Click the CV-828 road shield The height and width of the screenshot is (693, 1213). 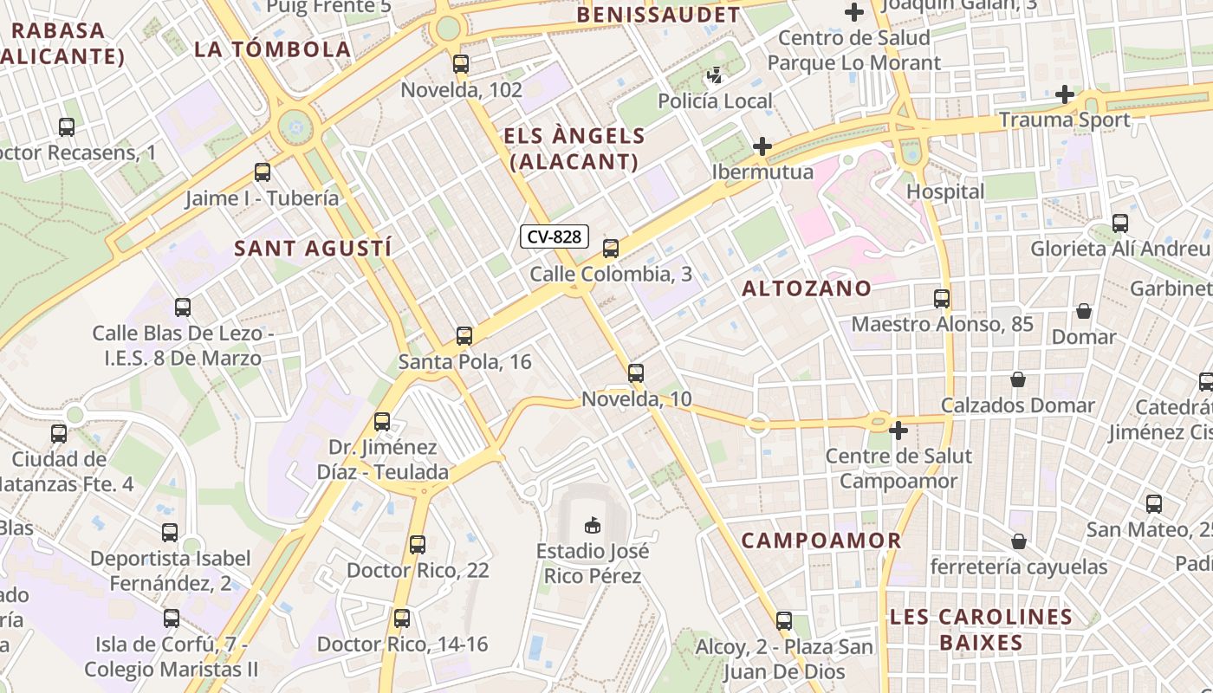click(555, 236)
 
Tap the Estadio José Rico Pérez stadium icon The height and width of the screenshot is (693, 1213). click(593, 525)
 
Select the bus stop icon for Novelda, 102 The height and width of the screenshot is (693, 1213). click(461, 63)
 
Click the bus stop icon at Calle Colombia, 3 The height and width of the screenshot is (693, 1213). click(611, 249)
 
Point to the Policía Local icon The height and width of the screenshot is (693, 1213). click(715, 75)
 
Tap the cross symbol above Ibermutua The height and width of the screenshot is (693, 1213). click(762, 146)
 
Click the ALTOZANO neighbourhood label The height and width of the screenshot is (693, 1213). click(807, 288)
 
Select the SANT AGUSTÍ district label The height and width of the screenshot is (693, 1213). click(313, 249)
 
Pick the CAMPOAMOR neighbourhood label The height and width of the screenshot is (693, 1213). click(821, 541)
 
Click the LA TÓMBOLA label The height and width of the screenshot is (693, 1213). click(273, 49)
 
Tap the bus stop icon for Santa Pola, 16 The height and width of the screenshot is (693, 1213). click(464, 336)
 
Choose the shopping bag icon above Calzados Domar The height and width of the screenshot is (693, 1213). click(1018, 379)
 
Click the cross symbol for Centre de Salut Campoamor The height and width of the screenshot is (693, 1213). click(898, 430)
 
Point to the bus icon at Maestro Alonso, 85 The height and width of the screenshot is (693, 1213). click(942, 299)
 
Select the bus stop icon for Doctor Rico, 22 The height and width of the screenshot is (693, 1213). click(418, 545)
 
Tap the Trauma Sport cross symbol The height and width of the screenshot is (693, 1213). click(1065, 94)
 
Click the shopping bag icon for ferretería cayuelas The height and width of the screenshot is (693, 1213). click(1019, 541)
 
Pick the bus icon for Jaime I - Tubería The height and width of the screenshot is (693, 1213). click(263, 172)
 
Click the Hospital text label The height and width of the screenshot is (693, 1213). click(945, 191)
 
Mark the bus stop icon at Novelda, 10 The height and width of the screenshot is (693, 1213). click(636, 373)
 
